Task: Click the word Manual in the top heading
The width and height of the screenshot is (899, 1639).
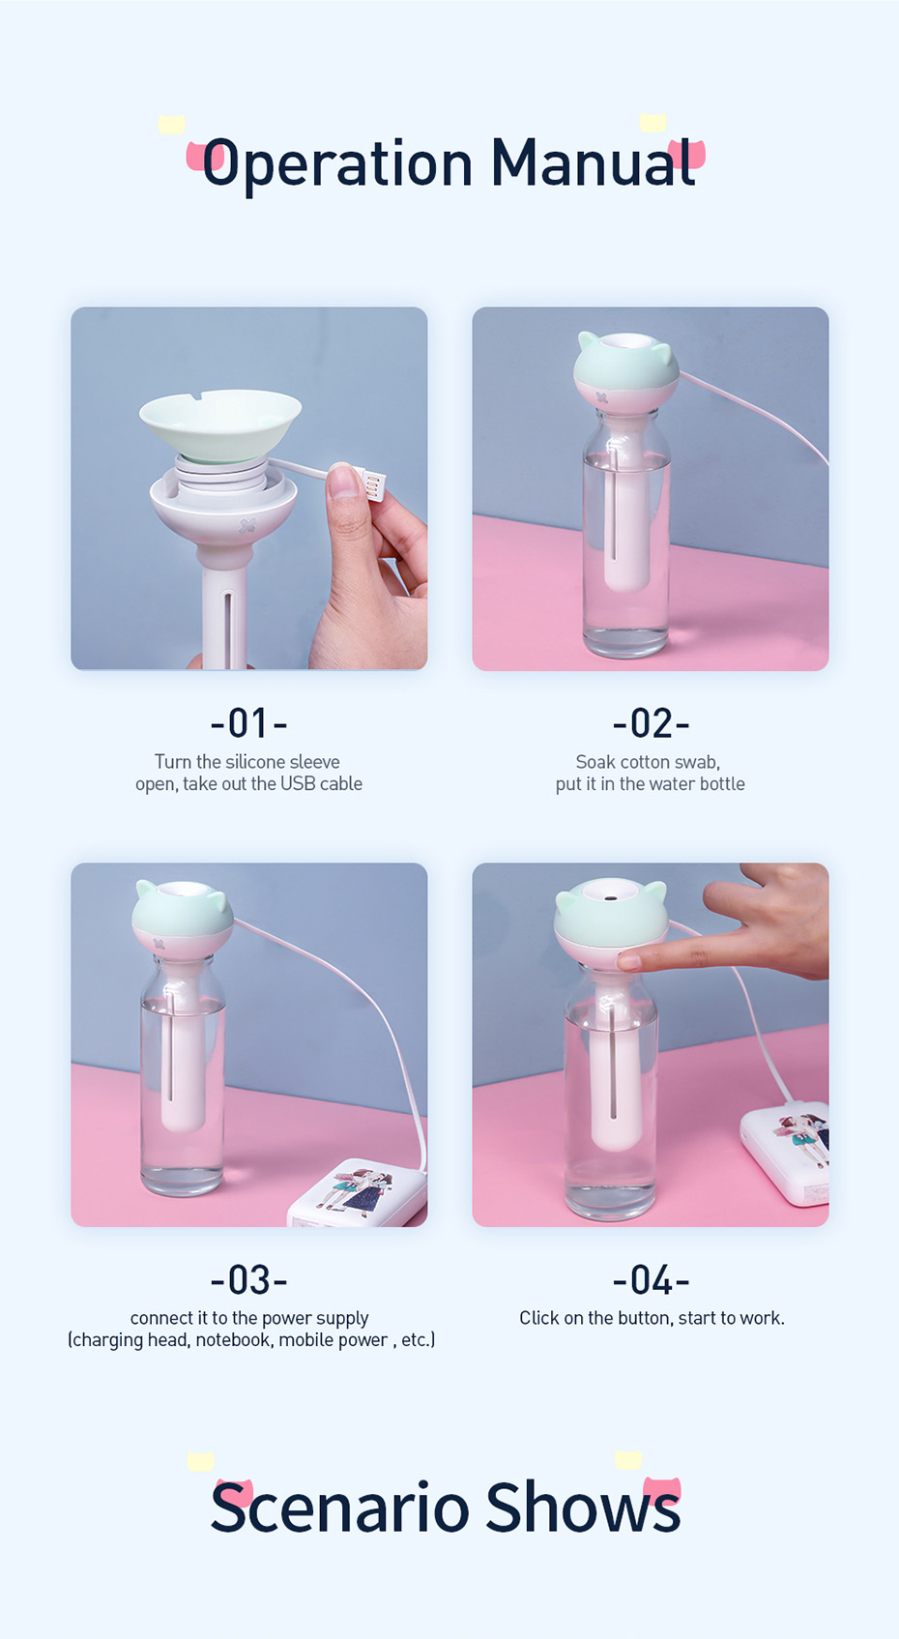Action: tap(593, 161)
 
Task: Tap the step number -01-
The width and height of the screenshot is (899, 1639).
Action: tap(248, 723)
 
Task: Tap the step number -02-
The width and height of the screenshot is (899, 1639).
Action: tap(651, 723)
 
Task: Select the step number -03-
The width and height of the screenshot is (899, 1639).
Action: tap(248, 1279)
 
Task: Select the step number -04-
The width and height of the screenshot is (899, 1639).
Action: tap(651, 1279)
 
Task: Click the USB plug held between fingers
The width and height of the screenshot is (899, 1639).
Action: tap(370, 483)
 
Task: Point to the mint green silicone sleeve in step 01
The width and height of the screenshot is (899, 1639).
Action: tap(220, 425)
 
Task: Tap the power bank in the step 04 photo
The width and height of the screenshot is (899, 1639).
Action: tap(786, 1153)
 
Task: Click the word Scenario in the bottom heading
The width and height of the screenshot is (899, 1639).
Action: tap(339, 1507)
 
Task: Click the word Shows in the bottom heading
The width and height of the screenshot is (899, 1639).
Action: tap(583, 1507)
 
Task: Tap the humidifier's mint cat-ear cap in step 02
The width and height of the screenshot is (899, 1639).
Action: tap(627, 363)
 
